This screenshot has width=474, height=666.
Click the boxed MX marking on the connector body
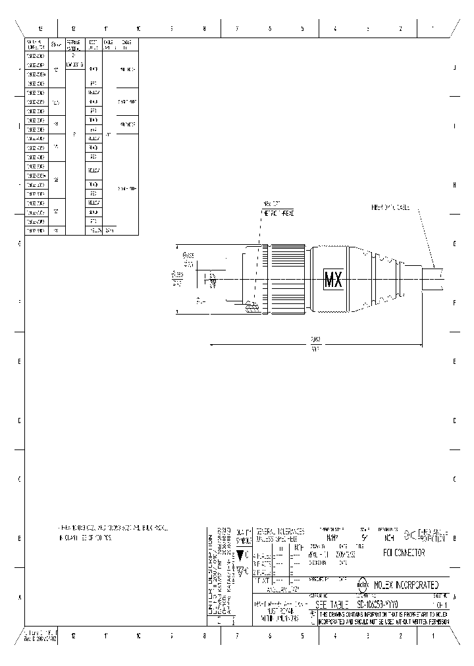333,280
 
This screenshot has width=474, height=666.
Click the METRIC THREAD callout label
277,214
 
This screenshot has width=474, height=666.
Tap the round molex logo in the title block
362,584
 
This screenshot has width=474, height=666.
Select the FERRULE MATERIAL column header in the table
73,45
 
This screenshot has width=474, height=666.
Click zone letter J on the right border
454,68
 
